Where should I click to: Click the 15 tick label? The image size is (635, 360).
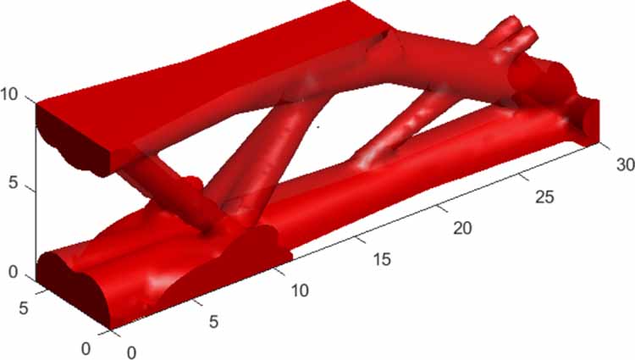click(x=382, y=258)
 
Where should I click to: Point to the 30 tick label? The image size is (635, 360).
click(x=620, y=167)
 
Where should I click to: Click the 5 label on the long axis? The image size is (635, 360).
click(x=215, y=321)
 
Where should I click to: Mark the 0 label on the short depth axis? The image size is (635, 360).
click(x=86, y=347)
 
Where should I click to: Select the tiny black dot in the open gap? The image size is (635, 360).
click(x=317, y=129)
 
